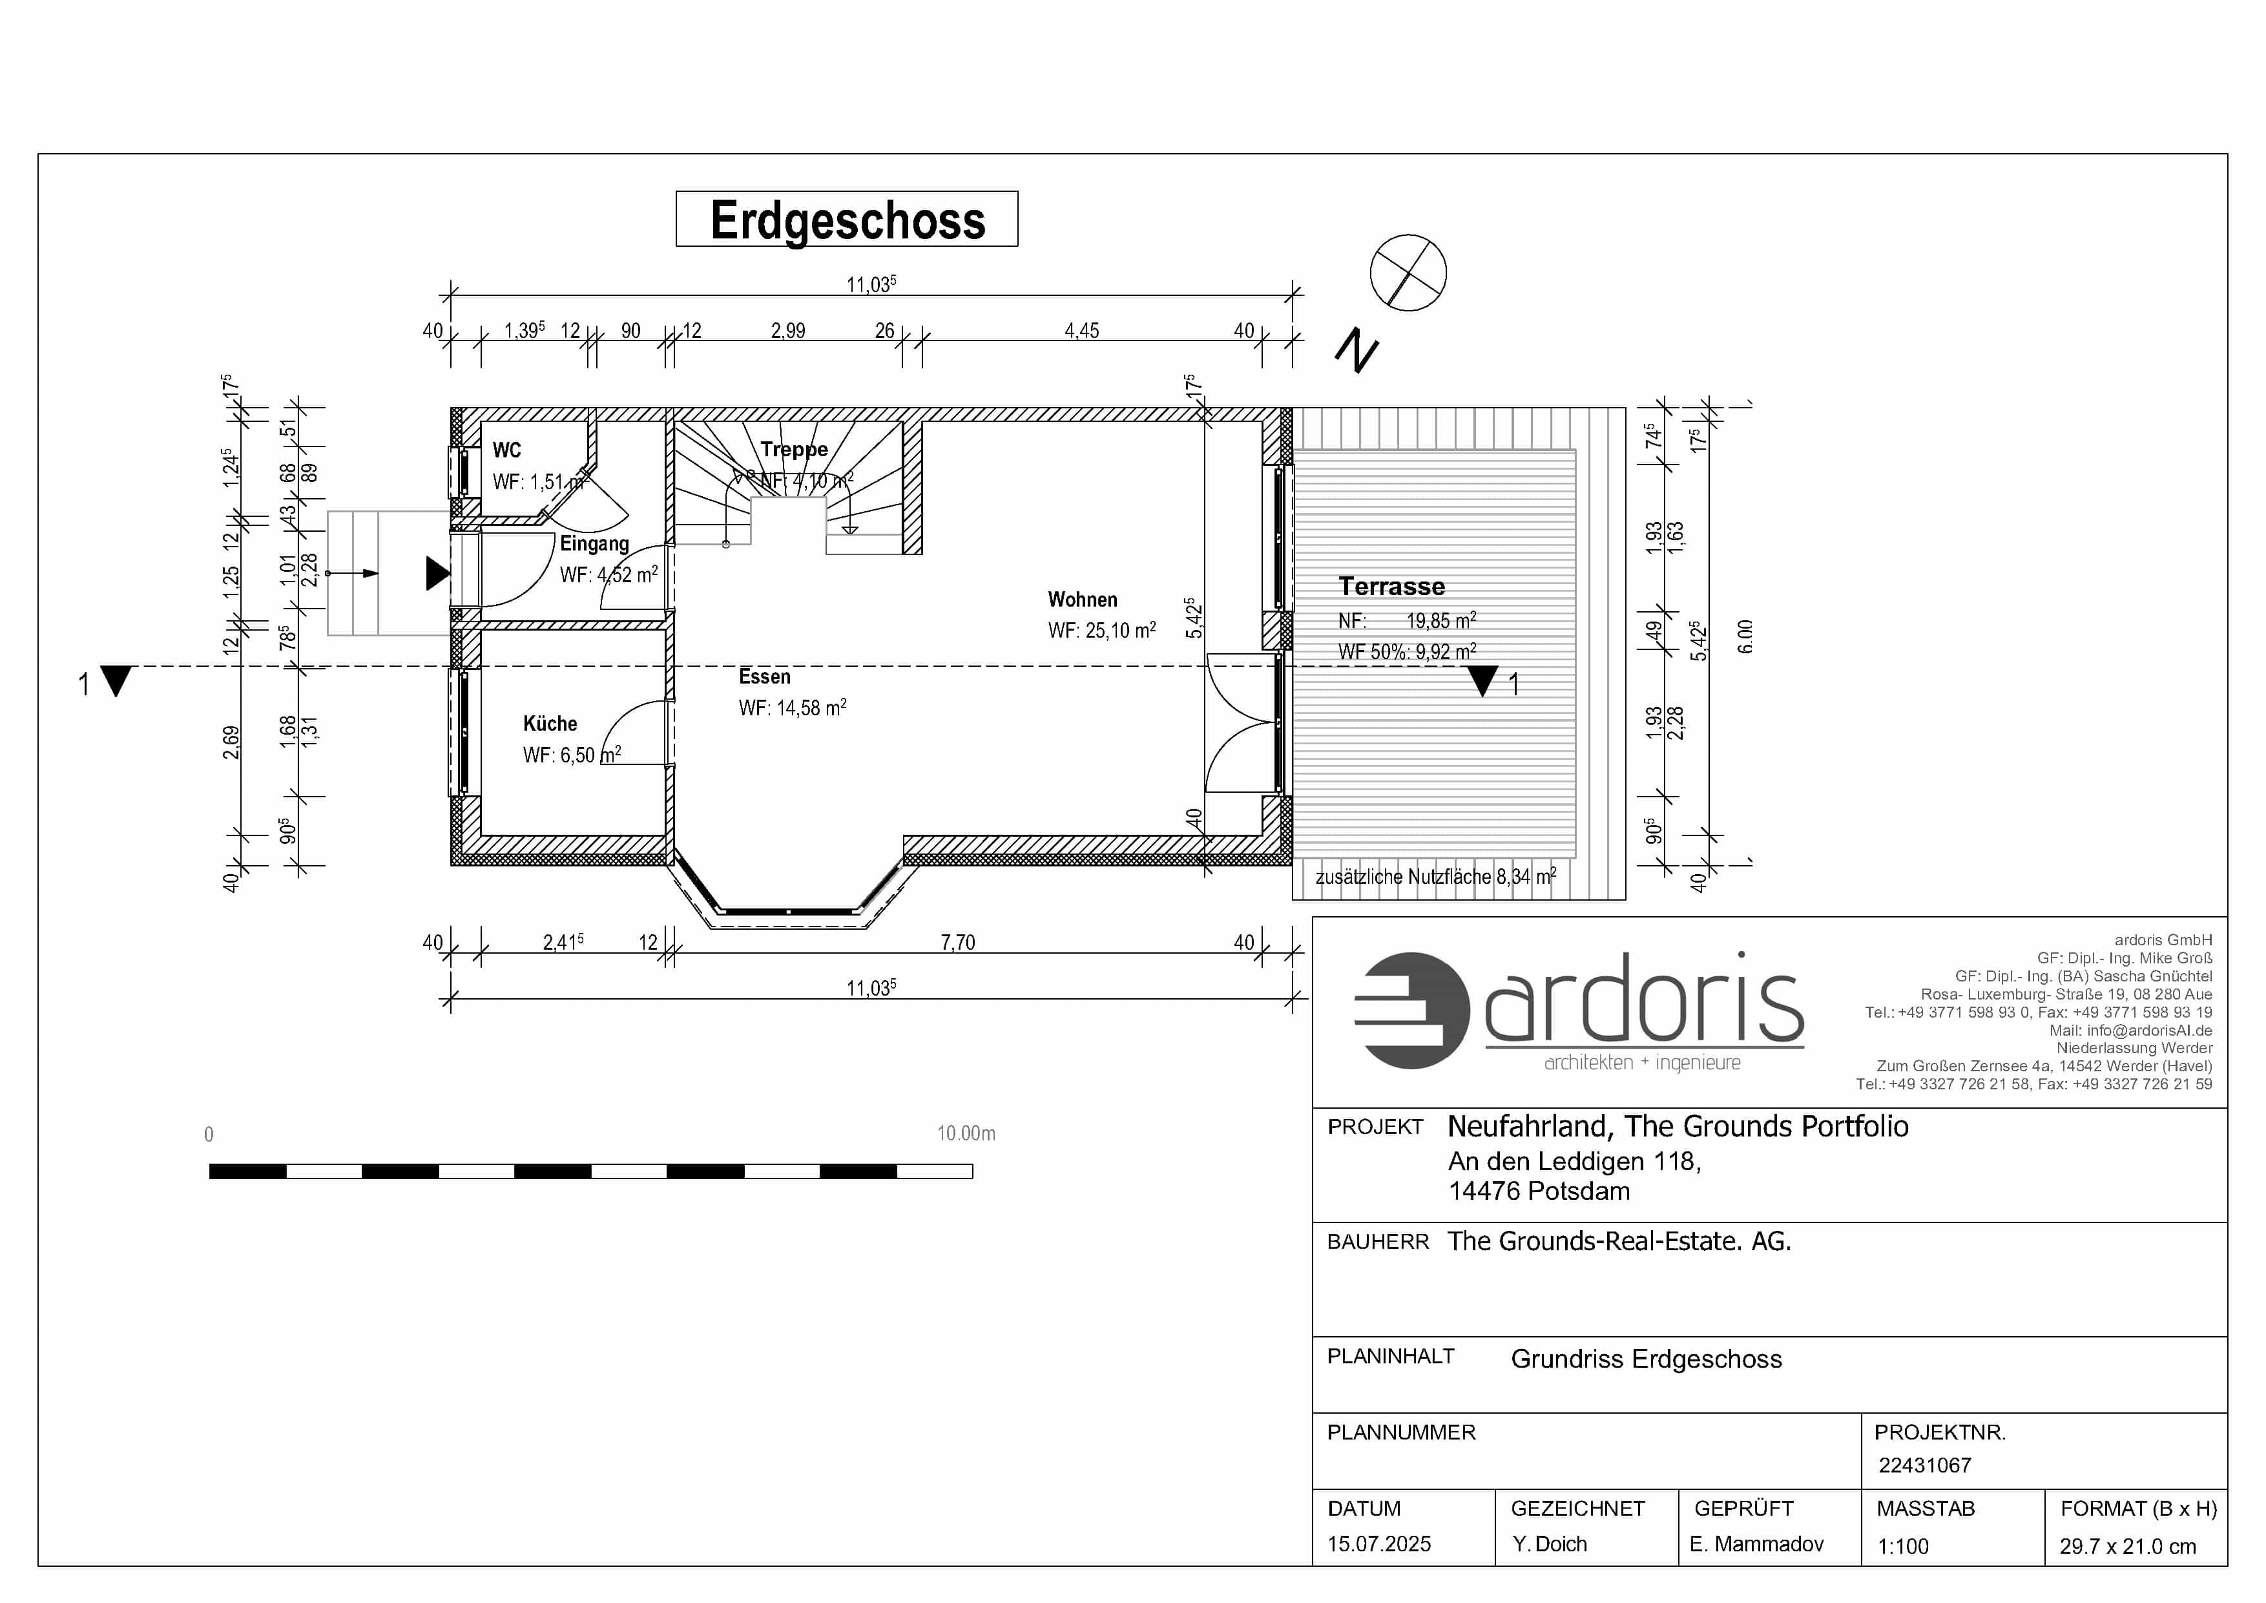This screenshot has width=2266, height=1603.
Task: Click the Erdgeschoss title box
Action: [x=847, y=219]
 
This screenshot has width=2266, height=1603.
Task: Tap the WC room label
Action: [x=507, y=450]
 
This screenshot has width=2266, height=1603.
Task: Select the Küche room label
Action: [x=550, y=724]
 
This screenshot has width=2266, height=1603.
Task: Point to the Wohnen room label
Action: [x=1083, y=599]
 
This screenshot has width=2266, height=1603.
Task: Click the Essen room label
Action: [x=765, y=676]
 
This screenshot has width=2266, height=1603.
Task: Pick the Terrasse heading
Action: [x=1391, y=586]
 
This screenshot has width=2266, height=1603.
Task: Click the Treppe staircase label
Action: [x=795, y=450]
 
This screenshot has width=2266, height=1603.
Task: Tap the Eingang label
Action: [x=594, y=544]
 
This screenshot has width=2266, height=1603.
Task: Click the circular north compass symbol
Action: [x=1408, y=273]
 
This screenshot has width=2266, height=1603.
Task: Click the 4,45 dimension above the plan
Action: [x=1082, y=331]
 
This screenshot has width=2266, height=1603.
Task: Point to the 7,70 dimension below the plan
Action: [x=957, y=943]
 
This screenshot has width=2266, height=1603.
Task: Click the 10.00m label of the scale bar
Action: [x=966, y=1133]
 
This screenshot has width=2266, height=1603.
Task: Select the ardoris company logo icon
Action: [x=1412, y=1011]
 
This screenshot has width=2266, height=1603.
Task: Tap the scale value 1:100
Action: [x=1903, y=1545]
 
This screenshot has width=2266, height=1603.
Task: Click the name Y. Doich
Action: [x=1550, y=1544]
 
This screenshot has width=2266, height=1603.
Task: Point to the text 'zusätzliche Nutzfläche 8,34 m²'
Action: [x=1436, y=875]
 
